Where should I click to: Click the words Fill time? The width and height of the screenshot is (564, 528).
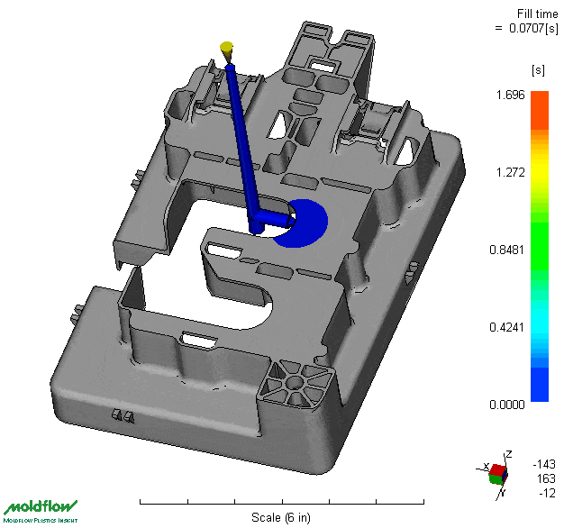(x=535, y=13)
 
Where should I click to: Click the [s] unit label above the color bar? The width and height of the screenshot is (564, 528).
(x=539, y=69)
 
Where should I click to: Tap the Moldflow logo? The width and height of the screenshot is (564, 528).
(x=41, y=510)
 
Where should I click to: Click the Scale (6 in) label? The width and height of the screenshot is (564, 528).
(x=281, y=518)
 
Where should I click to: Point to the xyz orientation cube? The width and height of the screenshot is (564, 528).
(x=497, y=471)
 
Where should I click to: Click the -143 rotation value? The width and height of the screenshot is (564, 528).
(x=544, y=464)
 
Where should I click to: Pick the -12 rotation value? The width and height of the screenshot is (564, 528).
(x=546, y=493)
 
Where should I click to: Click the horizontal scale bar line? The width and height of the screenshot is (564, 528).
(x=281, y=501)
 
